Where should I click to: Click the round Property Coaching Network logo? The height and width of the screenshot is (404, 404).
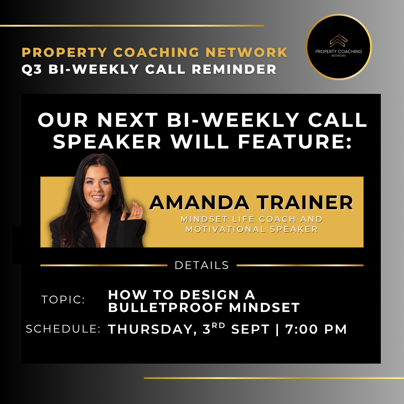339,47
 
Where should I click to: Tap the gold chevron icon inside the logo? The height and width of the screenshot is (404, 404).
339,40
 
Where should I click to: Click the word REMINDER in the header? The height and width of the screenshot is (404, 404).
234,69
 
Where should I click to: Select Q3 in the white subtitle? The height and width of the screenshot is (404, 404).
32,69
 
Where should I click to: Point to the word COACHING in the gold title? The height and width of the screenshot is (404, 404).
156,52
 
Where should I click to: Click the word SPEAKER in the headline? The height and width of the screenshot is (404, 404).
107,141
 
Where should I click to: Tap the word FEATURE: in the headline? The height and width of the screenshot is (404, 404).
295,141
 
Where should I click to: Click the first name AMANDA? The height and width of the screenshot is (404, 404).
199,202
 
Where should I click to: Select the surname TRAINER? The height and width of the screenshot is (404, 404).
305,202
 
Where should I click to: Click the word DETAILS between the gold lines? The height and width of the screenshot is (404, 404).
202,265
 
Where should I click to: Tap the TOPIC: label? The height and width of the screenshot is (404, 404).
63,299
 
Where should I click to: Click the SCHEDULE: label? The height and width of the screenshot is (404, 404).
63,329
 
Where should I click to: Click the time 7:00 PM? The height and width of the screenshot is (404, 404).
316,329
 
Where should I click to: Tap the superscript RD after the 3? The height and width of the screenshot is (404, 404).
218,325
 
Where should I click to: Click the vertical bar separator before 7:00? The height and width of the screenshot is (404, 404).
277,330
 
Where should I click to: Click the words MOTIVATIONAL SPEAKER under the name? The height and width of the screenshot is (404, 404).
251,229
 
